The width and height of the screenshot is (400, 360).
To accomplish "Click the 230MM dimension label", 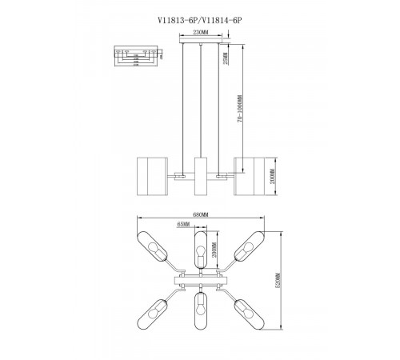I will (x=200, y=33).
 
